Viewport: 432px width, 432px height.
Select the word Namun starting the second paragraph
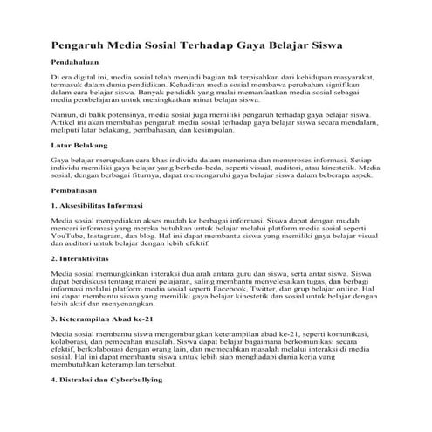(65, 115)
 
